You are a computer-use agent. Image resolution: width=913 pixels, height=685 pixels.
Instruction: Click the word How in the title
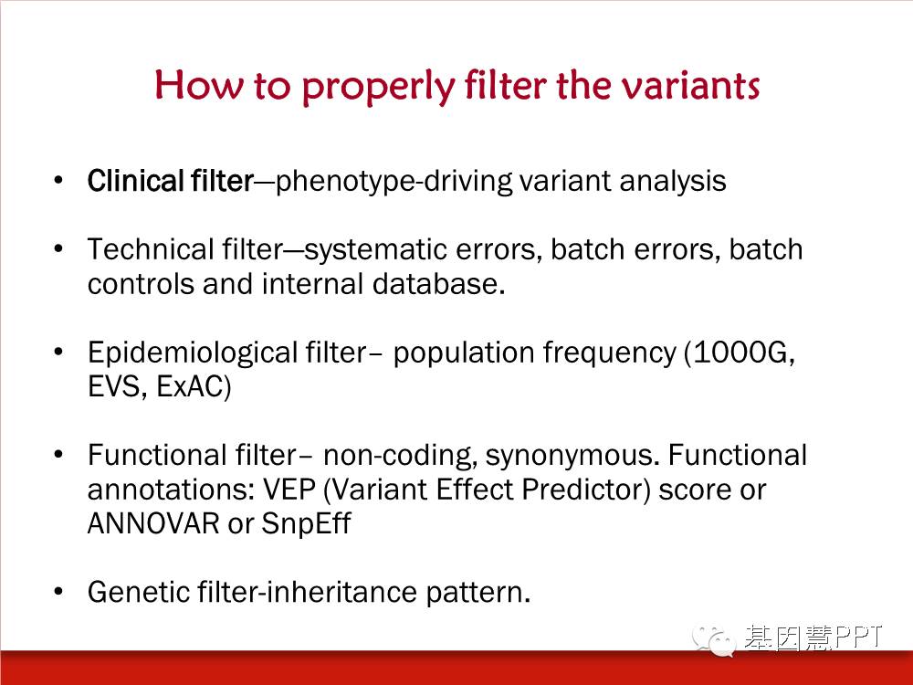(x=198, y=84)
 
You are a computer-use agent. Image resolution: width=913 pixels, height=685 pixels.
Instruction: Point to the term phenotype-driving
(x=394, y=182)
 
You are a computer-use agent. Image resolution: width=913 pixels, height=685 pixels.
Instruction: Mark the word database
(x=438, y=284)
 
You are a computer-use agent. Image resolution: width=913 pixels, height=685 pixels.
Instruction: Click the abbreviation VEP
(x=289, y=490)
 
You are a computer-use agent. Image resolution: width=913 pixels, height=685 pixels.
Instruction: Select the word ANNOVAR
(x=153, y=523)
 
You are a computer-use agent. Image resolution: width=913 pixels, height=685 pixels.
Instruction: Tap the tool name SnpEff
(x=306, y=523)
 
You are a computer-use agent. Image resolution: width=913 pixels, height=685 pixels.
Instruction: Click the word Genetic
(x=138, y=592)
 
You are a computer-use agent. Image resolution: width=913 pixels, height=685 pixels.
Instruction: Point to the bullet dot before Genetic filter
(x=58, y=592)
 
